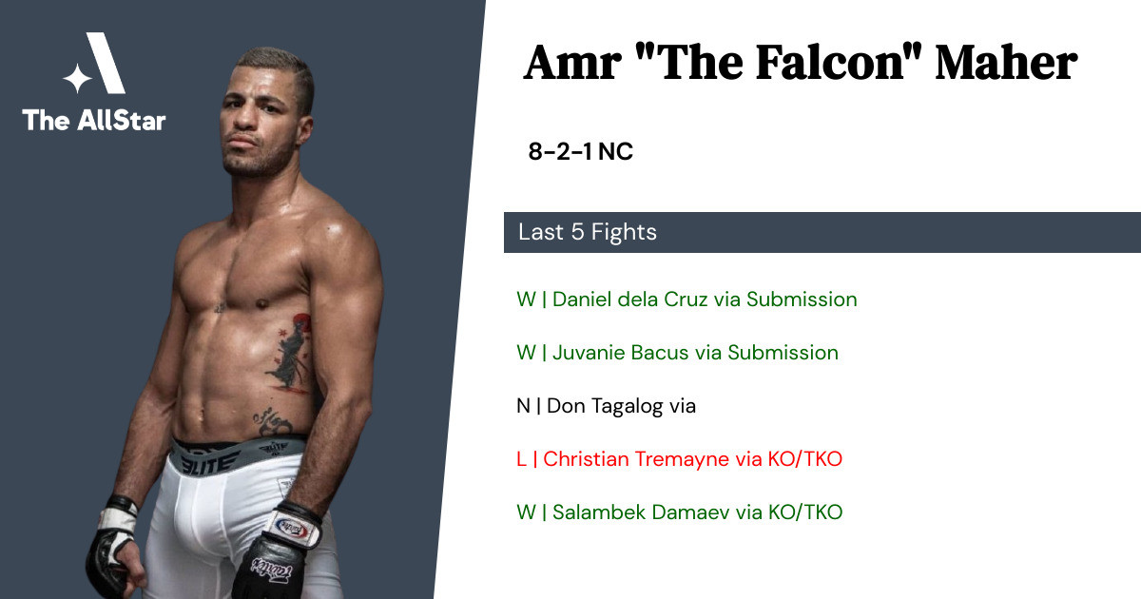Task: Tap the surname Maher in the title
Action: pyautogui.click(x=1006, y=63)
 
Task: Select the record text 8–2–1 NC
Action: pyautogui.click(x=580, y=151)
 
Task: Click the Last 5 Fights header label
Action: pyautogui.click(x=588, y=232)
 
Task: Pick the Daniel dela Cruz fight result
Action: pyautogui.click(x=687, y=299)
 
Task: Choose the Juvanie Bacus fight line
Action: pyautogui.click(x=677, y=353)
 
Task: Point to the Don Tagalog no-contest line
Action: pyautogui.click(x=607, y=406)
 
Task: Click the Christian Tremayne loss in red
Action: pyautogui.click(x=680, y=459)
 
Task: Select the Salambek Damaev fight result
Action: pyautogui.click(x=680, y=512)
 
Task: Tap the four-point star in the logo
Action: pyautogui.click(x=77, y=78)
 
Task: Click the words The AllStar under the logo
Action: pyautogui.click(x=94, y=120)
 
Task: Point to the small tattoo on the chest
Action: pyautogui.click(x=221, y=307)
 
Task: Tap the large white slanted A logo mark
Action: pyautogui.click(x=106, y=63)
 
